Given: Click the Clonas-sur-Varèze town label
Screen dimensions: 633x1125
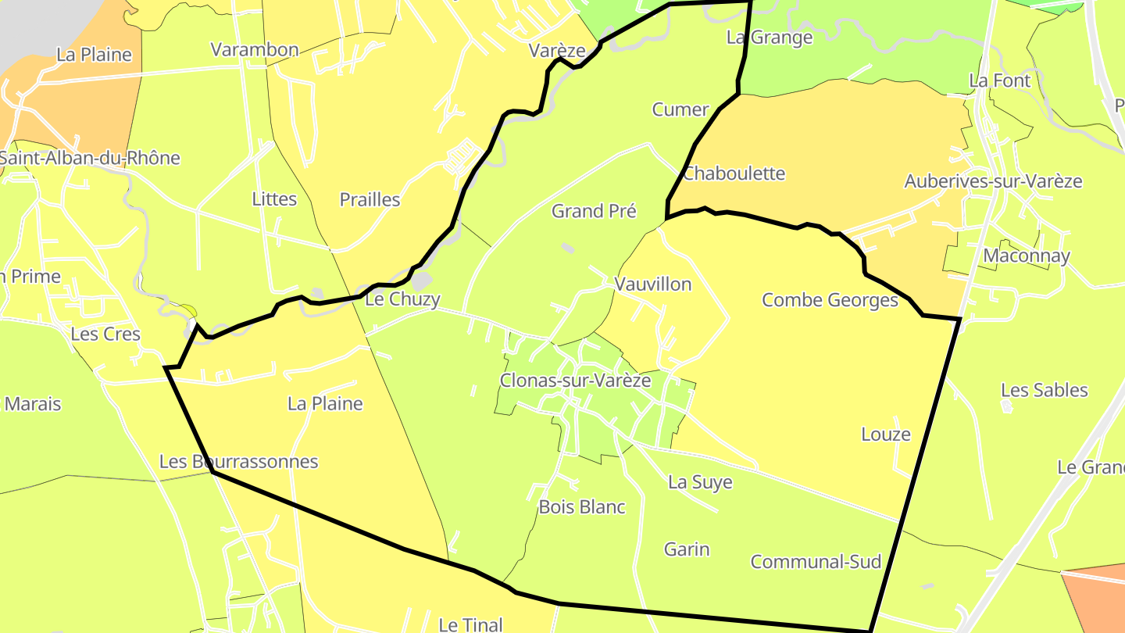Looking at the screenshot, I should click(x=576, y=381).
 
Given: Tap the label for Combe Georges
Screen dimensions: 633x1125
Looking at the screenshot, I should click(x=830, y=300).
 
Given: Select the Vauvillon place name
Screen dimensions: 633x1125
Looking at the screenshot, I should click(x=653, y=284).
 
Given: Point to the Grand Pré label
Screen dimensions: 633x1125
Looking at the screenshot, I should click(x=594, y=211).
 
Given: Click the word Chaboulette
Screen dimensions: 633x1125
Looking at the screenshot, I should click(x=734, y=173).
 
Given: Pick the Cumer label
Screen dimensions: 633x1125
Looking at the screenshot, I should click(x=680, y=109).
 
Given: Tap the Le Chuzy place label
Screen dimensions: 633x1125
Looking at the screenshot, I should click(x=403, y=299).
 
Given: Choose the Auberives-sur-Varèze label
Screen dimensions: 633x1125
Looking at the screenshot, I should click(x=993, y=181).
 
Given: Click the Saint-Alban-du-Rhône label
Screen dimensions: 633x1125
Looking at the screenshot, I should click(x=89, y=158).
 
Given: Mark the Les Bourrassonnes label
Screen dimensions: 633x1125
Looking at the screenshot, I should click(x=239, y=461).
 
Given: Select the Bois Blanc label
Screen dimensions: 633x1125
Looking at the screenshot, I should click(x=582, y=506).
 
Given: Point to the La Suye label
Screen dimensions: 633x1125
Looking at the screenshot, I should click(x=700, y=482).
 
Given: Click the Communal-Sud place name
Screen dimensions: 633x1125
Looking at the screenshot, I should click(x=816, y=561).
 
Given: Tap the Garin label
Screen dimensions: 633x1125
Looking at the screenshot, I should click(x=687, y=549).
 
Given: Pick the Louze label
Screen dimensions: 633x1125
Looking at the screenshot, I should click(x=886, y=434).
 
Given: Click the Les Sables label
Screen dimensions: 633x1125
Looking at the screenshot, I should click(x=1044, y=390).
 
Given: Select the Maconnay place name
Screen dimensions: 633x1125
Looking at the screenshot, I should click(x=1027, y=256).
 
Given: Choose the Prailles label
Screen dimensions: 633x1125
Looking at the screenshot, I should click(x=370, y=199).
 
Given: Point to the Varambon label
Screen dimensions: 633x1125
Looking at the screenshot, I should click(x=255, y=50).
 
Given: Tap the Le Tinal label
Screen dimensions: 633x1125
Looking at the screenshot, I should click(x=470, y=624).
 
